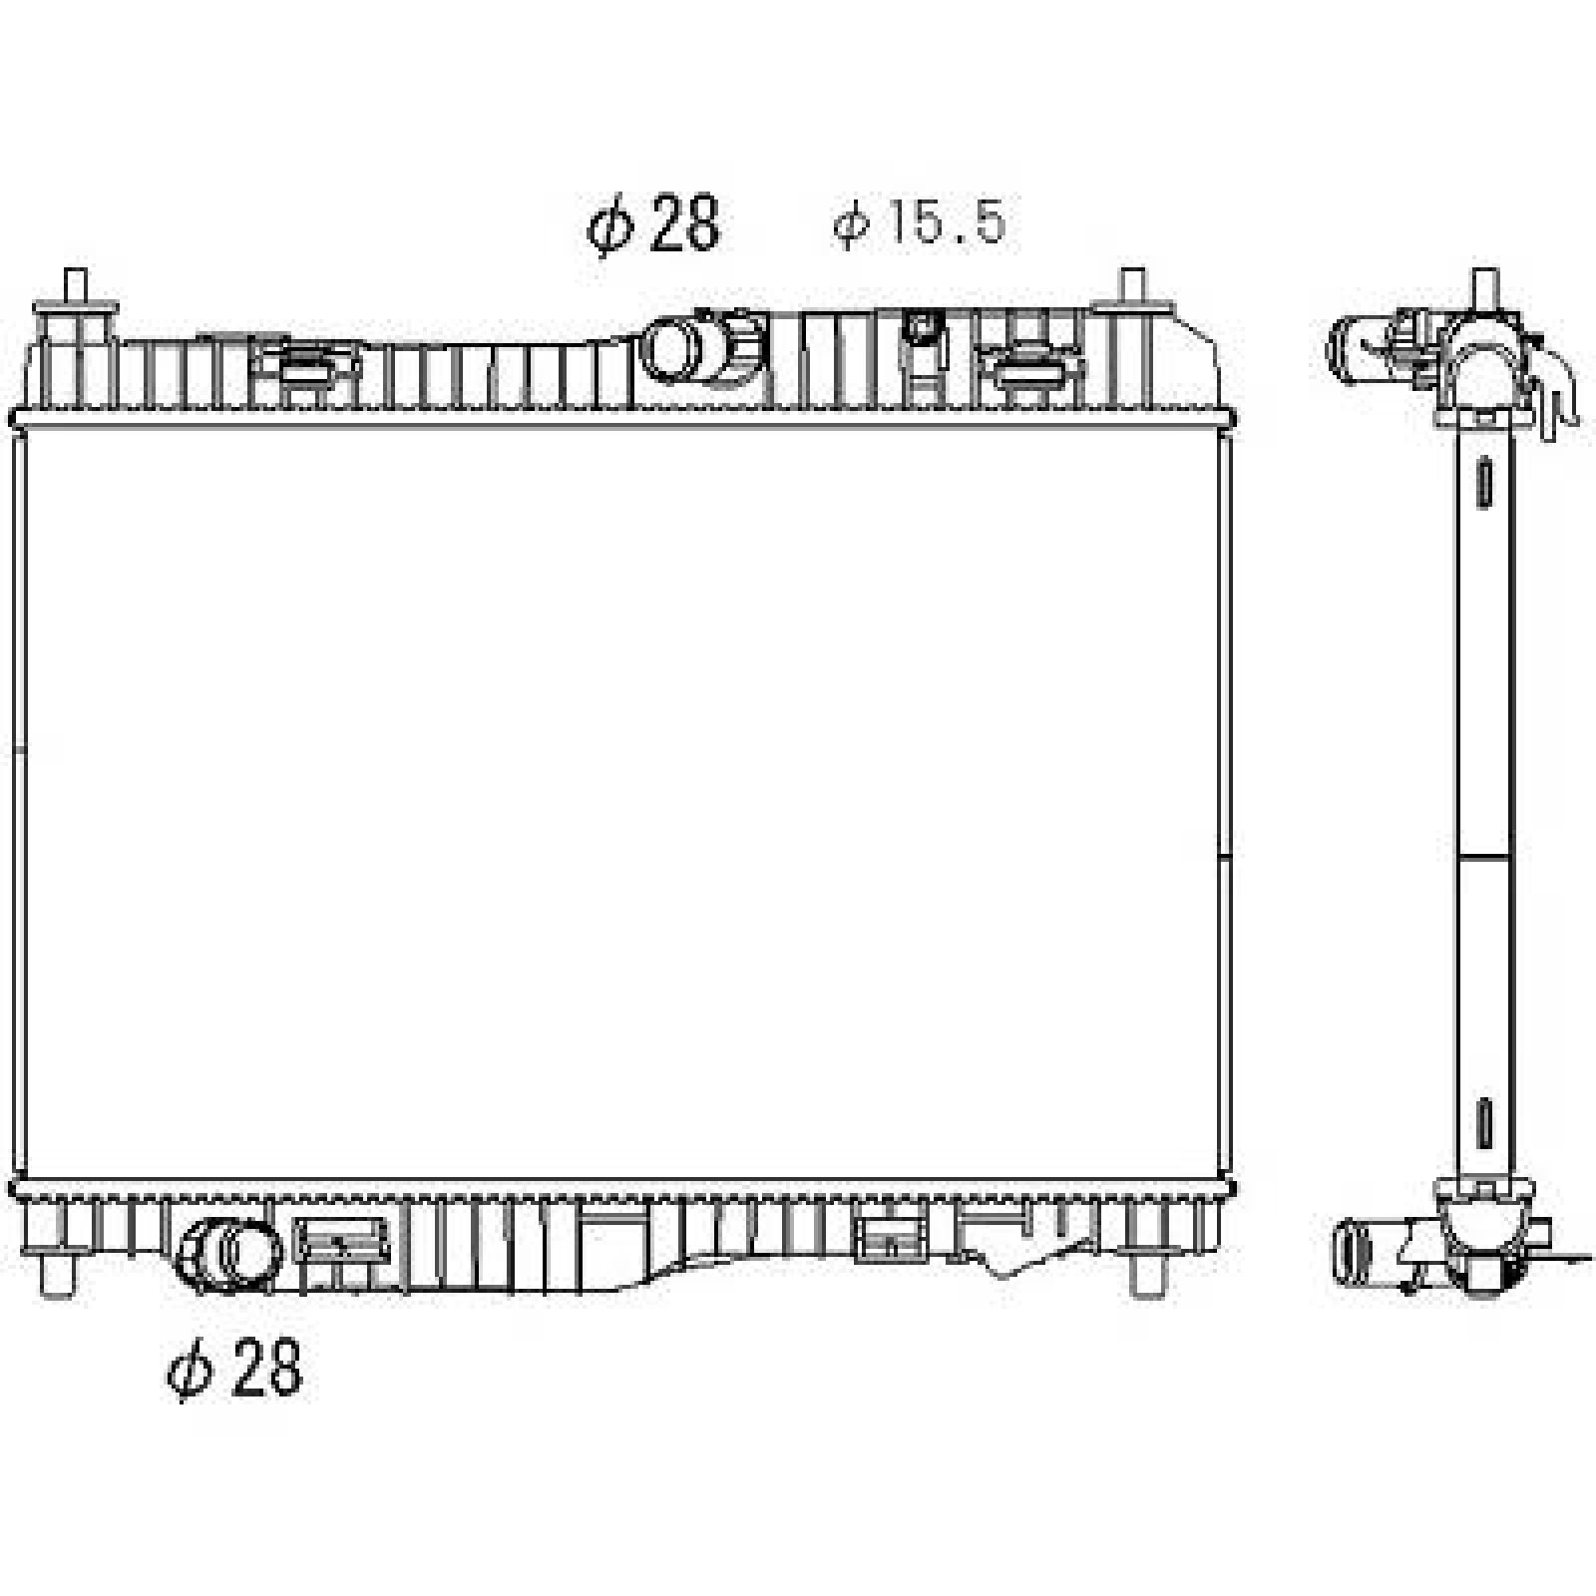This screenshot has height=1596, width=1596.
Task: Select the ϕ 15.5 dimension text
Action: (920, 223)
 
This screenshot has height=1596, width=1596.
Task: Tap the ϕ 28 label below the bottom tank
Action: (234, 1369)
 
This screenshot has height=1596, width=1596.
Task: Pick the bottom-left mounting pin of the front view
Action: (58, 1276)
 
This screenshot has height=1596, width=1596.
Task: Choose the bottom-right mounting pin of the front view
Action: (1147, 1276)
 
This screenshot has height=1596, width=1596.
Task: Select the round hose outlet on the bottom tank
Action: (229, 1253)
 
